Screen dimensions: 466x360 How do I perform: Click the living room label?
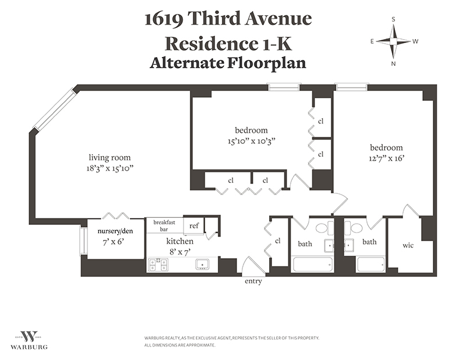[x=110, y=157]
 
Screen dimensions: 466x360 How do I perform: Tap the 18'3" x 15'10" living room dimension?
[x=110, y=168]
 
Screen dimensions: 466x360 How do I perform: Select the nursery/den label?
[x=115, y=231]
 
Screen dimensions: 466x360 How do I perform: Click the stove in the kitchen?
[x=158, y=264]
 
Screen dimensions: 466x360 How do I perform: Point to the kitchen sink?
[x=202, y=264]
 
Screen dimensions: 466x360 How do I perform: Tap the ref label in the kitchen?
[x=194, y=225]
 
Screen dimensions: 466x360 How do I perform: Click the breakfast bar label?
[x=164, y=225]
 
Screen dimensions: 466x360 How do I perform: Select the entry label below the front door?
[x=253, y=281]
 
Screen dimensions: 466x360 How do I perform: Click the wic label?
[x=408, y=246]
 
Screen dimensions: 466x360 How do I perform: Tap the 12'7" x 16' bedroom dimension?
[x=387, y=158]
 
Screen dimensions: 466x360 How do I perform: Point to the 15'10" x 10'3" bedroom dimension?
[x=251, y=141]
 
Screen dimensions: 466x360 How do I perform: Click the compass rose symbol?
[x=393, y=41]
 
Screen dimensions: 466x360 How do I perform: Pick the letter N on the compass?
[x=393, y=63]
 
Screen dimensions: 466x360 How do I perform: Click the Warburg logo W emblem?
[x=28, y=337]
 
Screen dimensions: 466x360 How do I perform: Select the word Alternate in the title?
[x=187, y=63]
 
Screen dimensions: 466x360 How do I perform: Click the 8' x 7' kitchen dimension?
[x=180, y=252]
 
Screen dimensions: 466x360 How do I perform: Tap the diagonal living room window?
[x=54, y=109]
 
